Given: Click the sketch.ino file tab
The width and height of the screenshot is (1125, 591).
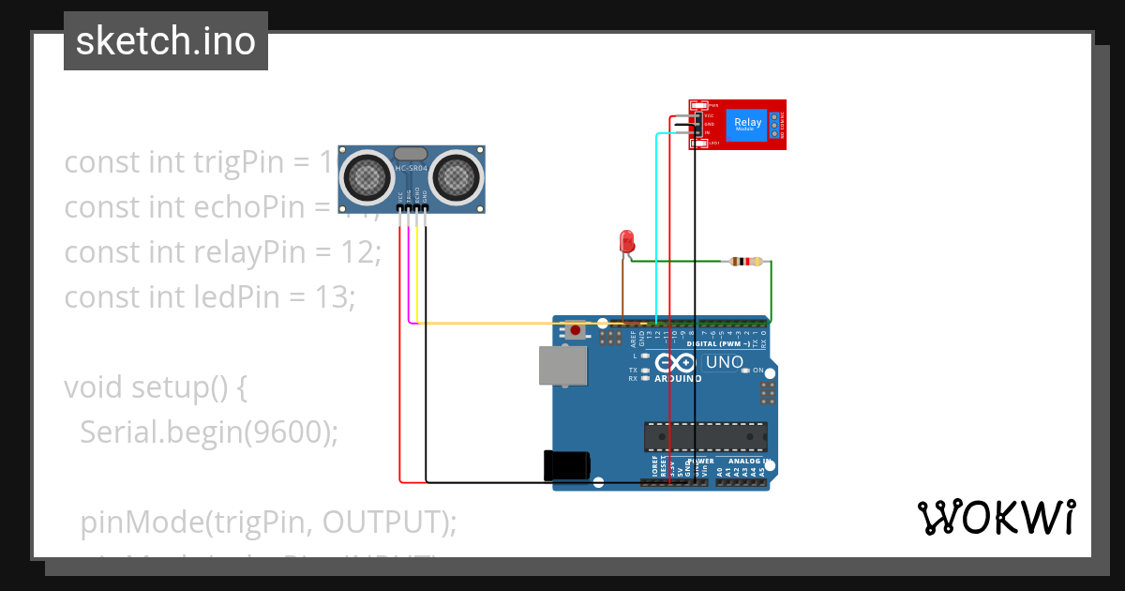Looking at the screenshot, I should [x=166, y=41].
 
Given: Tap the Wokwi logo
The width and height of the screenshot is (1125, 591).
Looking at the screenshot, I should [x=996, y=517].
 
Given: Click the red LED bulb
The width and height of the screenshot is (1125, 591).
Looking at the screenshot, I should [x=627, y=240].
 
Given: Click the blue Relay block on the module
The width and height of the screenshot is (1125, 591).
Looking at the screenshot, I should [x=748, y=124].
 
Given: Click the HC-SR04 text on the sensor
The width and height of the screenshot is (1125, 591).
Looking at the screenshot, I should [x=411, y=169].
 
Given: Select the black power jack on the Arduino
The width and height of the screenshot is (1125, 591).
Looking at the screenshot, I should [x=567, y=466].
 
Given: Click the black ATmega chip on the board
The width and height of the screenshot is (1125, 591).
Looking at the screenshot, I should [x=705, y=436].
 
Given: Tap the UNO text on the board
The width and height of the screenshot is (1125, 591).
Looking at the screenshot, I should [x=724, y=362].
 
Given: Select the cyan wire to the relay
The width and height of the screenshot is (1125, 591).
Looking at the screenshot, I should [x=656, y=225].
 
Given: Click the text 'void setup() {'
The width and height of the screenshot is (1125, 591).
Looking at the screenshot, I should [x=156, y=386].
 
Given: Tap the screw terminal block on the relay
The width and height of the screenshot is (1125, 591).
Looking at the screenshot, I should [x=774, y=124].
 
